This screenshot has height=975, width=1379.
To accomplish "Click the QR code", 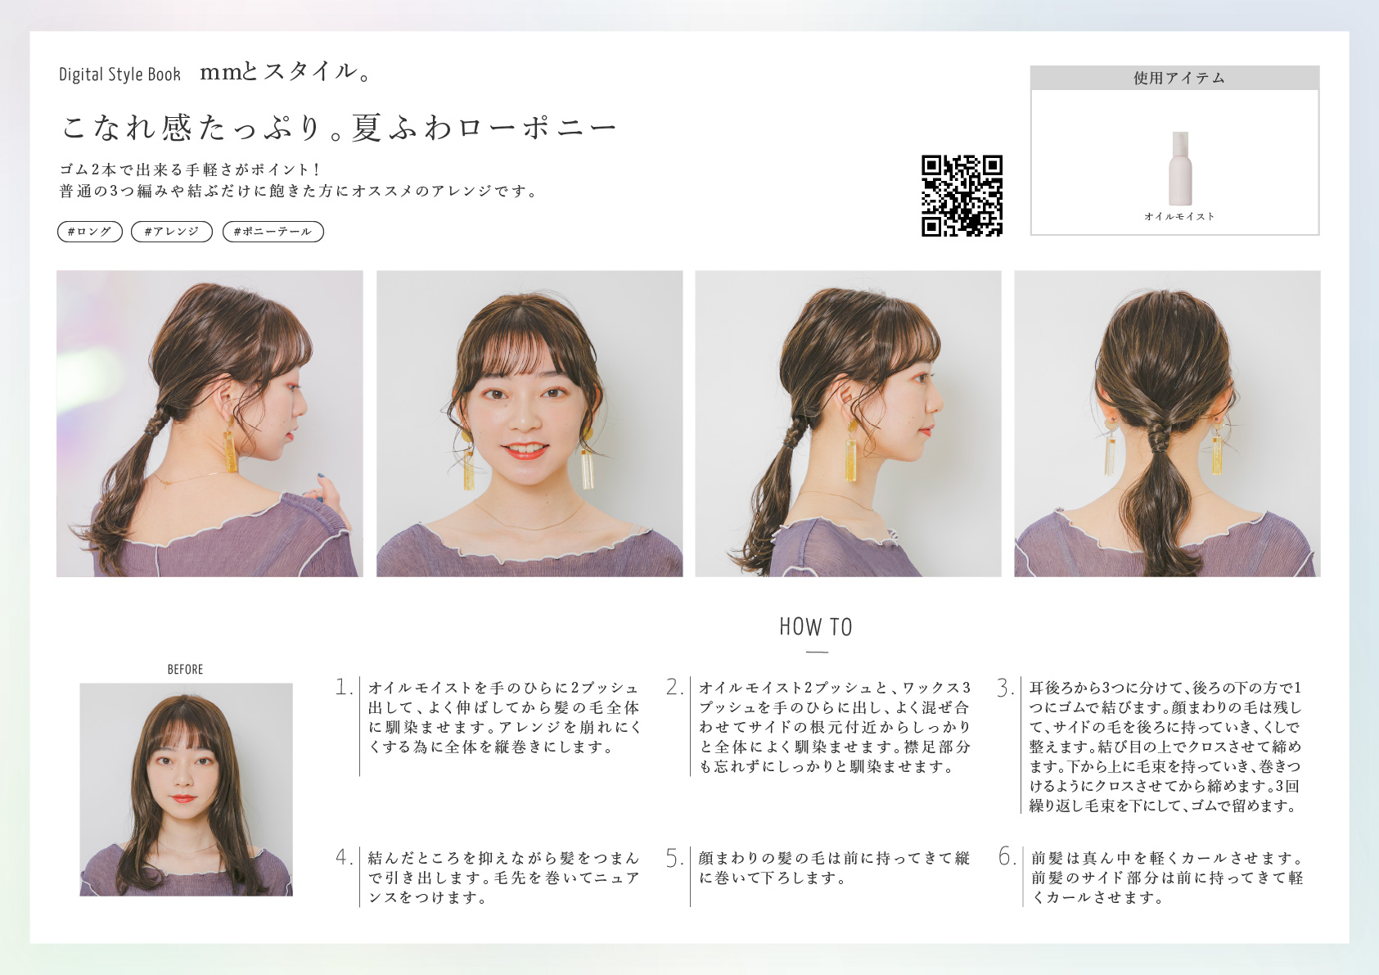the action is pyautogui.click(x=962, y=196).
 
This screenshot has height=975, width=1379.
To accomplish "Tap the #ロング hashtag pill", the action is pyautogui.click(x=90, y=232).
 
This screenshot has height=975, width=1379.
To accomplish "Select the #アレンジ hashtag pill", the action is pyautogui.click(x=172, y=232).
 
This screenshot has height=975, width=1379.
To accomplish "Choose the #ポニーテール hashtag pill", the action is pyautogui.click(x=273, y=232).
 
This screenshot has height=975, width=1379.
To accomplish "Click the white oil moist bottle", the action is pyautogui.click(x=1180, y=168).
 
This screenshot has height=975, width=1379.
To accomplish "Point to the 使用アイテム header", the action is pyautogui.click(x=1174, y=78).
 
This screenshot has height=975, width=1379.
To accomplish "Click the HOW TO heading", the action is pyautogui.click(x=816, y=627).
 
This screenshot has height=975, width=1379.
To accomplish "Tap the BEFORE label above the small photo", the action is pyautogui.click(x=185, y=670).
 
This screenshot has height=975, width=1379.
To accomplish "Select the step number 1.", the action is pyautogui.click(x=344, y=687).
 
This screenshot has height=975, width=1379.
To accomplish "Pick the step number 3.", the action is pyautogui.click(x=1005, y=688).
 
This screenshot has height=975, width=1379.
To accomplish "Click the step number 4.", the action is pyautogui.click(x=344, y=857).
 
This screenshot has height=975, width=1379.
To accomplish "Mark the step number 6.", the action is pyautogui.click(x=1007, y=856).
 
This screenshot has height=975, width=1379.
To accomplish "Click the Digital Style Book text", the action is pyautogui.click(x=119, y=74).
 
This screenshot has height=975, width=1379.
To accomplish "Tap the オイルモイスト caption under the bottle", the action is pyautogui.click(x=1179, y=216).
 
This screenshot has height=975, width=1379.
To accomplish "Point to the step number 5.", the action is pyautogui.click(x=674, y=857).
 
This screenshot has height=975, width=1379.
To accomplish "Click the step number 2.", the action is pyautogui.click(x=674, y=687).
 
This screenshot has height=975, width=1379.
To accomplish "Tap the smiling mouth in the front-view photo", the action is pyautogui.click(x=525, y=450).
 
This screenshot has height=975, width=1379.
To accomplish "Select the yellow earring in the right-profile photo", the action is pyautogui.click(x=851, y=450).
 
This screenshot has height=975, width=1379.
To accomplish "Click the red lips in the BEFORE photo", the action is pyautogui.click(x=184, y=799).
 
